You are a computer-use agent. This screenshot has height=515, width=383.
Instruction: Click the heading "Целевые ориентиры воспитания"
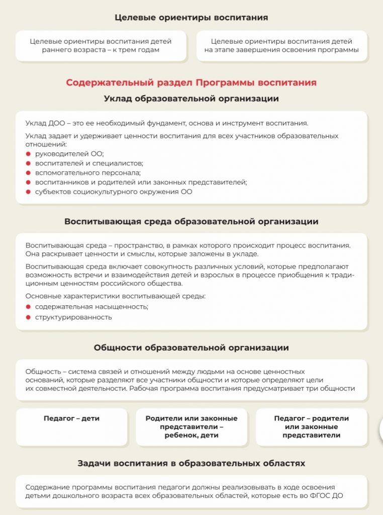pos(191,18)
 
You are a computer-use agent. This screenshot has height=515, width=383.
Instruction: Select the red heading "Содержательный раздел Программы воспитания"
pos(191,82)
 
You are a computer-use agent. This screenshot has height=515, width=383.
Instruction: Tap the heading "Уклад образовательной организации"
pos(191,99)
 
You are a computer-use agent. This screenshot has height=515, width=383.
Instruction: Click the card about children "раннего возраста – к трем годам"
pos(101,46)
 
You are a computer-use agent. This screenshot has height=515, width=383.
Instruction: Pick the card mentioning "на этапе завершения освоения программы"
pos(281,46)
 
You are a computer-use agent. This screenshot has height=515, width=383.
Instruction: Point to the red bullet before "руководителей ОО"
pos(28,154)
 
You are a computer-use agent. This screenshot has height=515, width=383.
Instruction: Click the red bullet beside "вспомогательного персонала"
pos(28,173)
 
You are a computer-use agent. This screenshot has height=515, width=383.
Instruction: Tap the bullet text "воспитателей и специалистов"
pos(89,163)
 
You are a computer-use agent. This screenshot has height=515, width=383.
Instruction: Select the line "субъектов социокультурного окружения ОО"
pos(113,192)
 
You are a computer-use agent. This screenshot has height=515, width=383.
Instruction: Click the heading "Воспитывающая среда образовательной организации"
pos(191,221)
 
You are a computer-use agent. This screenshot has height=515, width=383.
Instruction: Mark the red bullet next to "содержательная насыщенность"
pos(28,307)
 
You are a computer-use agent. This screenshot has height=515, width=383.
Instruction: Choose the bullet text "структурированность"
pos(73,317)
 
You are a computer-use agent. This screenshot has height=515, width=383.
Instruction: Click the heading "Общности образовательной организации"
pos(191,348)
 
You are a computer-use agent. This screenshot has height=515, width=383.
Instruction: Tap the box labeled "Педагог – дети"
pos(71,418)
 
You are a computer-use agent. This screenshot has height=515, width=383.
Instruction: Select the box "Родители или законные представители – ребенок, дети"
pos(191,426)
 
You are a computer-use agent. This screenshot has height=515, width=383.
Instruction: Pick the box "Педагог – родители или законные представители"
pos(311,426)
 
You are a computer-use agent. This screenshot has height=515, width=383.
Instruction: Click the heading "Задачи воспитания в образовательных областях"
pos(191,463)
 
